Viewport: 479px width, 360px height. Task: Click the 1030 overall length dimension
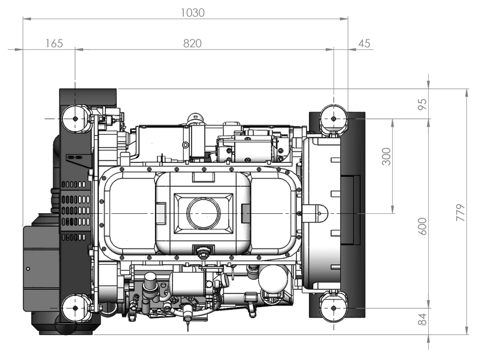coord(192,13)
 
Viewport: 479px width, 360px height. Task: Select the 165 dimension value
coord(54,43)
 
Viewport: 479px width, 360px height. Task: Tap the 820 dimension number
coord(192,43)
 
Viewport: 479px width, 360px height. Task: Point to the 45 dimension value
coord(364,43)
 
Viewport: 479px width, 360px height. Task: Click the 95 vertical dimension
coord(422,104)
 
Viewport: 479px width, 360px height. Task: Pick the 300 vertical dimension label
coord(386,156)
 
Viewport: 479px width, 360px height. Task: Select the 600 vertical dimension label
coord(422,226)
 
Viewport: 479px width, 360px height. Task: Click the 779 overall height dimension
coord(460,213)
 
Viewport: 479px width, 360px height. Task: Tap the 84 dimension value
coord(422,319)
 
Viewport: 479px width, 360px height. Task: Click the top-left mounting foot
coord(75,119)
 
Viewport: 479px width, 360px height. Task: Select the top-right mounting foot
coord(334,119)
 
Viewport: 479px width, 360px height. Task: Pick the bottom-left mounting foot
coord(75,308)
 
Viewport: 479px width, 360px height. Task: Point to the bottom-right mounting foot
coord(334,308)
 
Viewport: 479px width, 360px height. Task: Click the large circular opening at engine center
coord(204,213)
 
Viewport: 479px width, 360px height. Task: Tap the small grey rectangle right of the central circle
coord(245,213)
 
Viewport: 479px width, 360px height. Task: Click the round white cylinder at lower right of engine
coord(273,279)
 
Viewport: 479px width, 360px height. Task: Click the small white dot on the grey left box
coord(28,269)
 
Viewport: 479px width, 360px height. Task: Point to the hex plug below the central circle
coord(203,253)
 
